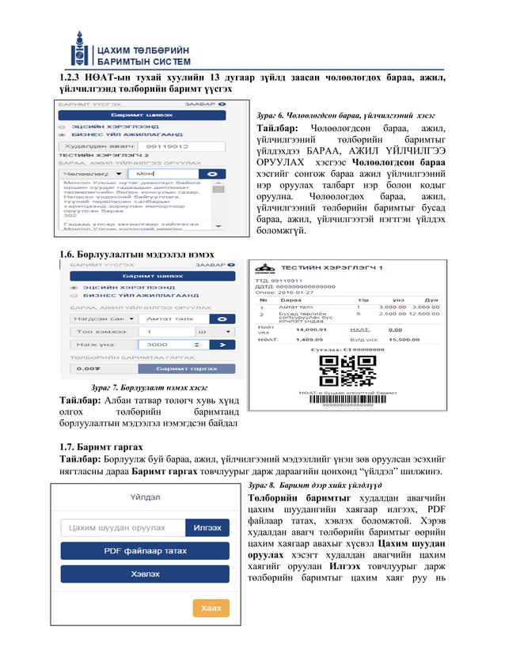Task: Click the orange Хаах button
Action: [210, 607]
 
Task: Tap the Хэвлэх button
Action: [144, 574]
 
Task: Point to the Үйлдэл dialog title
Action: [145, 497]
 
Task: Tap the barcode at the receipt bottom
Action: [342, 399]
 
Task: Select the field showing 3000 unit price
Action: [168, 345]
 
